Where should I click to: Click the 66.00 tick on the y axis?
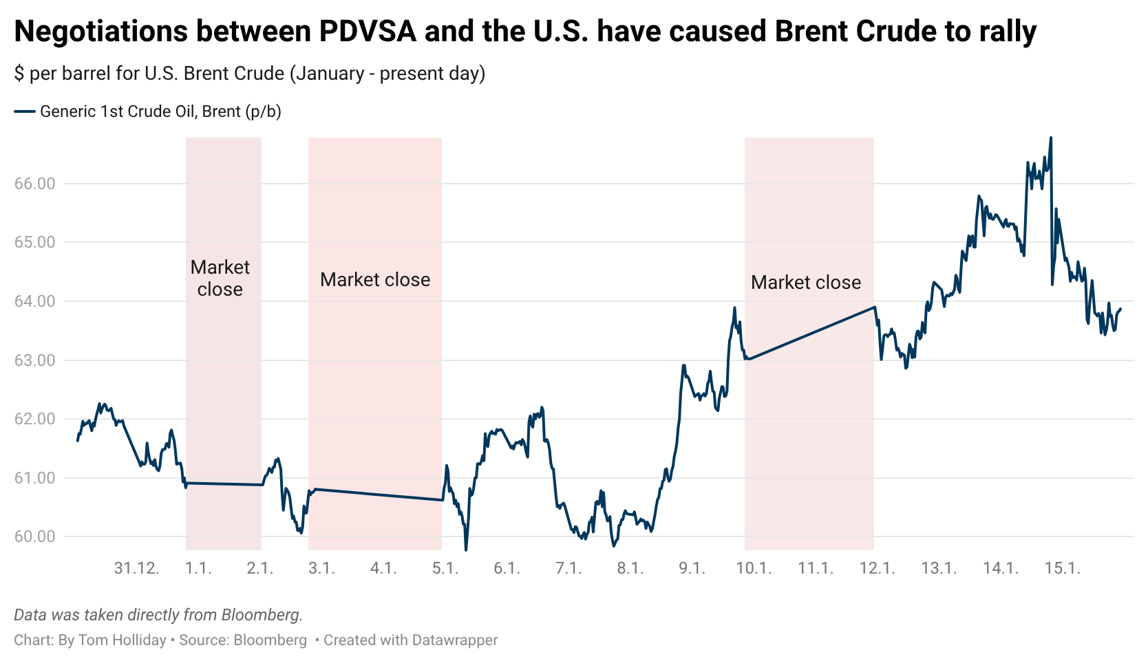34,184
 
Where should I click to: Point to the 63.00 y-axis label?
34,360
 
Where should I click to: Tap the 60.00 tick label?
34,537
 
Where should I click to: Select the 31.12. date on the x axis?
136,568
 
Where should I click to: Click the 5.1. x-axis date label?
445,568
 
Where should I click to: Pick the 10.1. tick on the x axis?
754,568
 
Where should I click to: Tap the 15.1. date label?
1062,568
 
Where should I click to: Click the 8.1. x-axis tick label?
630,568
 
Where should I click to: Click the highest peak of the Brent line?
1050,138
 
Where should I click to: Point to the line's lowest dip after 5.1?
466,549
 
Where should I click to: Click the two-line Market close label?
220,278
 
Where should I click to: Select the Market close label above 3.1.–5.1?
375,280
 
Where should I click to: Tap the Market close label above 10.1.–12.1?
806,283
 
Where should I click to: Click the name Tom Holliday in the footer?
123,640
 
